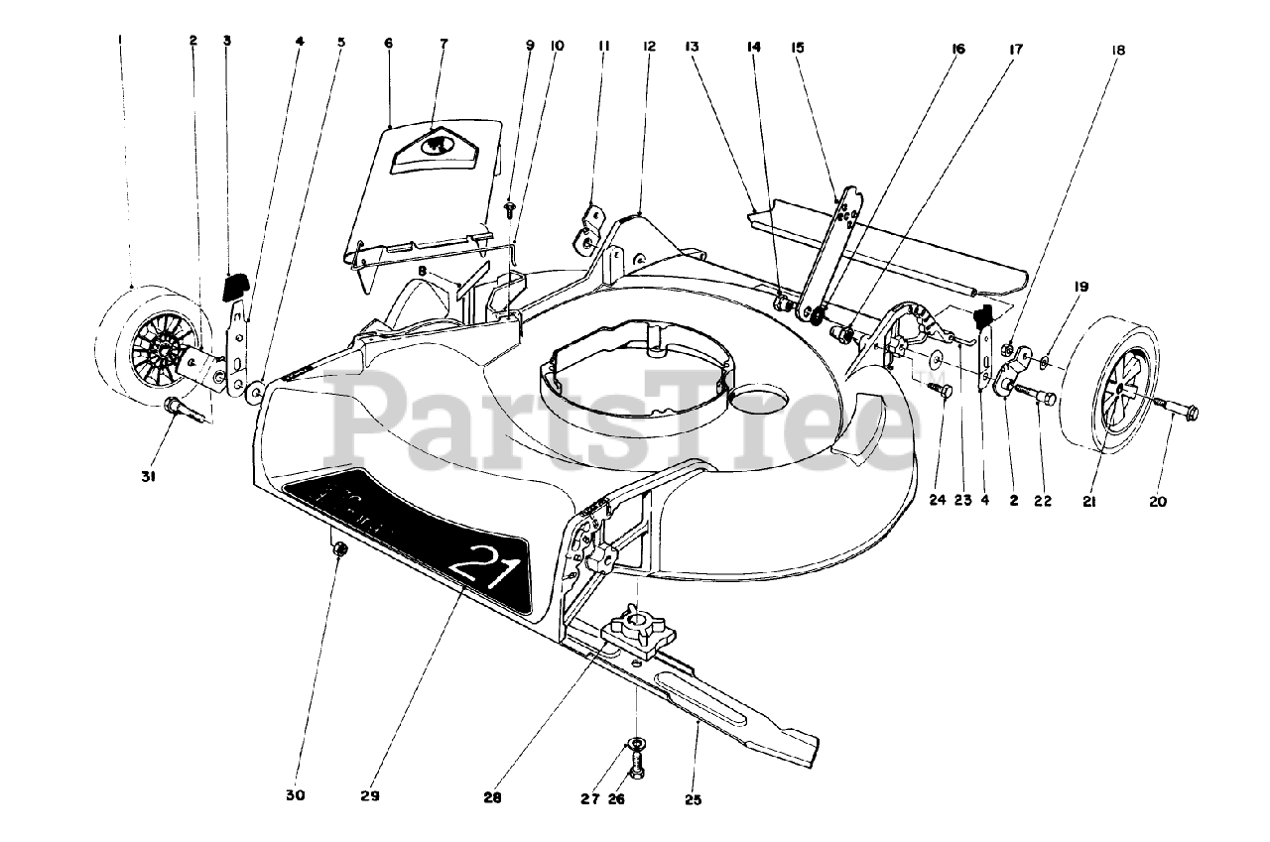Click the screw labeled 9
click(x=510, y=209)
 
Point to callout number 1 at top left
click(x=119, y=41)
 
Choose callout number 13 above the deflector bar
click(x=691, y=46)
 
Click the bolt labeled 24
click(x=941, y=391)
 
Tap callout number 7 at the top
click(x=444, y=44)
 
